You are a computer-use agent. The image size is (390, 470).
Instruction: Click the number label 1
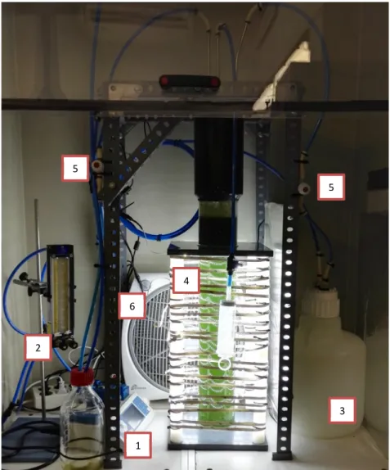tap(138, 445)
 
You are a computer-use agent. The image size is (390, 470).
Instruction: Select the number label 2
tap(38, 348)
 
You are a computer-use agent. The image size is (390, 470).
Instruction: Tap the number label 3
tap(342, 410)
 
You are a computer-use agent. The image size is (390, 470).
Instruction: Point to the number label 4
tap(186, 281)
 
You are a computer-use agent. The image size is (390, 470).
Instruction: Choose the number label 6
tap(132, 305)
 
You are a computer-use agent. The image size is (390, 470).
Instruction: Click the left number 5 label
tap(75, 168)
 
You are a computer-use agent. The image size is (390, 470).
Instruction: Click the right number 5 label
tap(331, 187)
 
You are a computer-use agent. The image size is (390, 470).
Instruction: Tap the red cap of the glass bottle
tap(82, 376)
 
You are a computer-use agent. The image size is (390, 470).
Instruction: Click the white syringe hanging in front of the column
tap(227, 327)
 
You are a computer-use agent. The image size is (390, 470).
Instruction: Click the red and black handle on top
tap(190, 81)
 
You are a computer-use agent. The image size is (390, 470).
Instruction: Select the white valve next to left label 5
tap(96, 165)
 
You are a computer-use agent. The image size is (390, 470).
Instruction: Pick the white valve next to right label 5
tap(304, 188)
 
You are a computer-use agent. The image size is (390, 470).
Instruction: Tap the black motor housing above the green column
tap(218, 156)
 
